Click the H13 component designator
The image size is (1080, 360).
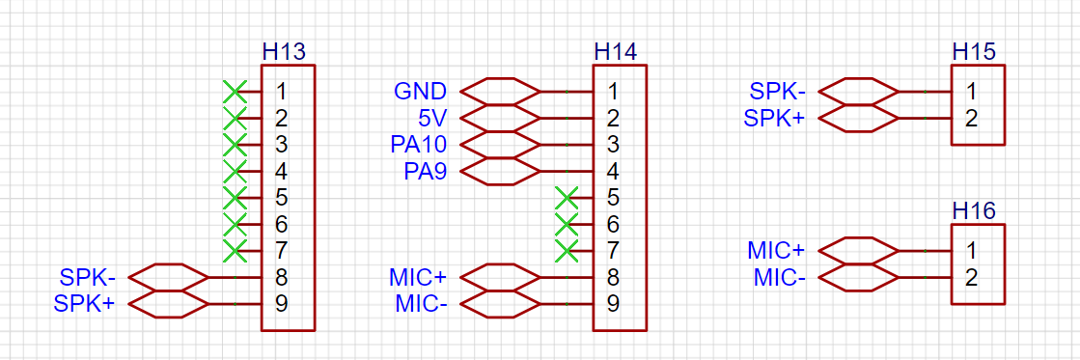[x=284, y=52]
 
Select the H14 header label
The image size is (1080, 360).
[x=616, y=52]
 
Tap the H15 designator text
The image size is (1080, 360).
[x=974, y=52]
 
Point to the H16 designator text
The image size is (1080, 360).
[x=974, y=211]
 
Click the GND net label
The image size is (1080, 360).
[x=420, y=91]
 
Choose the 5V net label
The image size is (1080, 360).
[x=432, y=119]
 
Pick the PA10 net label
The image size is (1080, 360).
[x=419, y=145]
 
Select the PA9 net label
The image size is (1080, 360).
[x=425, y=171]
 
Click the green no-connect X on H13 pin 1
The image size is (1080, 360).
[x=235, y=91]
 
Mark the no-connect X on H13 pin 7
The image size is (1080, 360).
[x=235, y=251]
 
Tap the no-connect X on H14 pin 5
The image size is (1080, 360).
[x=567, y=198]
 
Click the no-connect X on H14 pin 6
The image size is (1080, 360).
[x=567, y=225]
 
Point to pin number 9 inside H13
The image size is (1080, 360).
[x=281, y=304]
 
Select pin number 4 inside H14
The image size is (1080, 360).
[x=613, y=171]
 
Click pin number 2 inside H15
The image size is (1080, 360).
[x=971, y=119]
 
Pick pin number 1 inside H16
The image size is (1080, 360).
[x=971, y=250]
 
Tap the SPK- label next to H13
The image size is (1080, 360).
[x=88, y=277]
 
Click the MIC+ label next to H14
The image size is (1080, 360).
[x=418, y=277]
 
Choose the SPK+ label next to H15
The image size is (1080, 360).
[x=775, y=119]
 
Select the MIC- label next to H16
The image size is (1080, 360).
[x=780, y=277]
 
